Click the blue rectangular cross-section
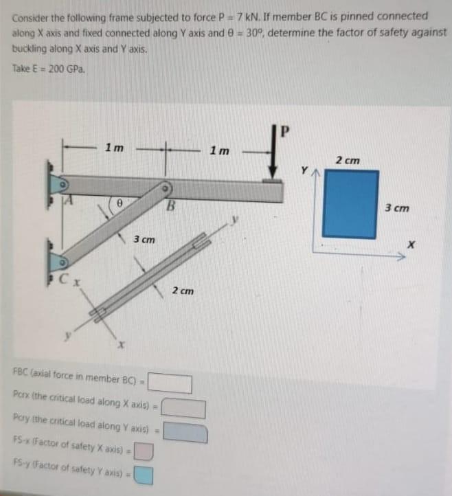(x=350, y=204)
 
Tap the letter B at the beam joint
(x=173, y=204)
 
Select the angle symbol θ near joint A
(x=118, y=204)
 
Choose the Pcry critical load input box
(x=186, y=433)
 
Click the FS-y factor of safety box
(x=144, y=475)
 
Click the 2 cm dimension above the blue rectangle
(x=348, y=160)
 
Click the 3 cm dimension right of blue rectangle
(x=396, y=207)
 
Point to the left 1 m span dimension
(x=114, y=147)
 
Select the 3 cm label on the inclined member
(x=144, y=240)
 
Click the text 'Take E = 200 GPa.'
(x=49, y=69)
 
